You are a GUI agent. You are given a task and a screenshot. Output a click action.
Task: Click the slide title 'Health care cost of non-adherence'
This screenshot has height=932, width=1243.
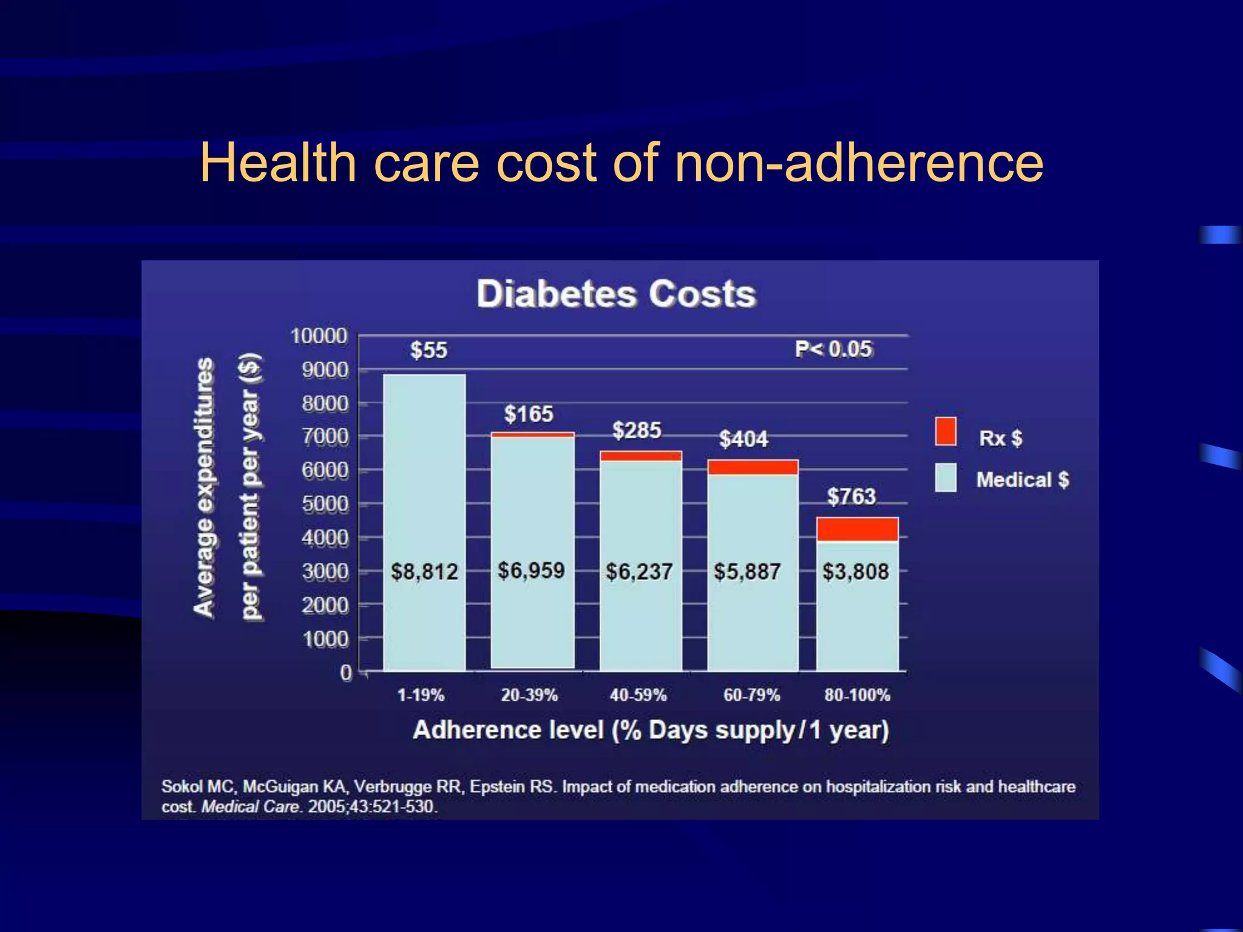click(x=621, y=162)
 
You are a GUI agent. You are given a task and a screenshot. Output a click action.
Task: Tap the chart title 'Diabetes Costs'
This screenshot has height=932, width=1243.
click(x=616, y=294)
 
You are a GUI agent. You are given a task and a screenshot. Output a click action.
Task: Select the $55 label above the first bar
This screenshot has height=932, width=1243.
click(x=428, y=350)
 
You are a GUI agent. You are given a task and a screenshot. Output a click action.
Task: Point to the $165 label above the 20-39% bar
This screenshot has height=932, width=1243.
click(x=529, y=414)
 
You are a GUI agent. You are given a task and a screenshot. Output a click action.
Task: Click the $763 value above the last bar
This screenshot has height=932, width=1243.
click(x=852, y=496)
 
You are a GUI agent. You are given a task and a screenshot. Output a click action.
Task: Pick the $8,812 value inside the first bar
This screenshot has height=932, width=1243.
click(x=424, y=572)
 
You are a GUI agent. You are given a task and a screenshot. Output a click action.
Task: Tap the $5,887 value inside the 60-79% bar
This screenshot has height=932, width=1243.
click(x=747, y=572)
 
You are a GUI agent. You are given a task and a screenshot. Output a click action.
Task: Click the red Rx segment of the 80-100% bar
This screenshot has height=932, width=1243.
click(x=857, y=529)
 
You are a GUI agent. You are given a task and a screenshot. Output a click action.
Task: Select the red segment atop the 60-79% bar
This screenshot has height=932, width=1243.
click(x=753, y=467)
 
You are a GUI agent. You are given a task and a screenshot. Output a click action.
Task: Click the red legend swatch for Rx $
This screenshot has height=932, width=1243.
click(x=946, y=431)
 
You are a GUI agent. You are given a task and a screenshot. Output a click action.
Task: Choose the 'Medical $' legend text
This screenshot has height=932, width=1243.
click(x=1022, y=480)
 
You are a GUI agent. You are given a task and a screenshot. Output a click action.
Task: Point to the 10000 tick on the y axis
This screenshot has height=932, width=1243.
click(x=319, y=336)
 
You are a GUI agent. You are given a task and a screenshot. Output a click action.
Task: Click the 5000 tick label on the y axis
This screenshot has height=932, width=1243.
click(x=325, y=504)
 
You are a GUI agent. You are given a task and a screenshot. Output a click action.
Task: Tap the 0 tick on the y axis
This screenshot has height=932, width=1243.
click(x=346, y=673)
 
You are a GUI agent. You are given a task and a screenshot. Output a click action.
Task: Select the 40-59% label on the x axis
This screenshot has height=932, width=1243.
click(x=638, y=695)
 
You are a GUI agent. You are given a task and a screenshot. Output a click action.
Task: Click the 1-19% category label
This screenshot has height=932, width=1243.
click(x=421, y=695)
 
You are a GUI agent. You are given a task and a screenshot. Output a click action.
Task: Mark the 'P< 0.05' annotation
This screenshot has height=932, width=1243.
click(x=833, y=349)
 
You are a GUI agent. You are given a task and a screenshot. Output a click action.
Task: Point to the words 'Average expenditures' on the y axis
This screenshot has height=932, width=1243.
click(x=205, y=487)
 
